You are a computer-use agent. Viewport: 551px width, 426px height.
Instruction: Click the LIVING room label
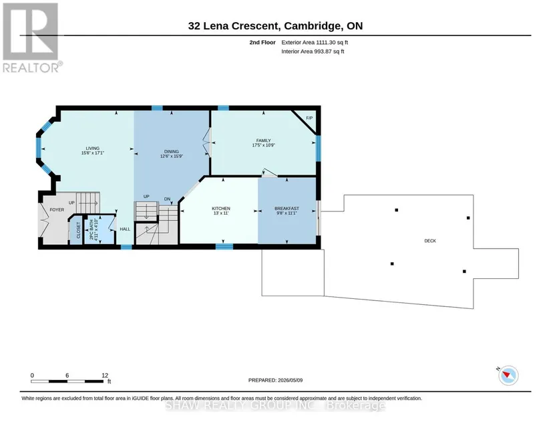tap(93, 148)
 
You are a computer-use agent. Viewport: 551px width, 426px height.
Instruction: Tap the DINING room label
tap(172, 152)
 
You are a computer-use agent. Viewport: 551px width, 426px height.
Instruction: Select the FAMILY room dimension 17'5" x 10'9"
tap(264, 145)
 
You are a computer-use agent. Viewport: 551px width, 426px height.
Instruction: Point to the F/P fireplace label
tap(309, 118)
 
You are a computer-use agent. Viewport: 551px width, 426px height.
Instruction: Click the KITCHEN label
tap(221, 209)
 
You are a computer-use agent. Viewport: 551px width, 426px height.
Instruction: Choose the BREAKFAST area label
tap(287, 209)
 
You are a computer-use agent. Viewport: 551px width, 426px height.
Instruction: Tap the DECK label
tap(430, 241)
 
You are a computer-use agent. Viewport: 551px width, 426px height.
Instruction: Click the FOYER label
tap(57, 210)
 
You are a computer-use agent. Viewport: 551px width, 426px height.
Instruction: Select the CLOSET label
tap(78, 231)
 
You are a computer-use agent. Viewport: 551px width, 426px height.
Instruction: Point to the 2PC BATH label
tap(91, 231)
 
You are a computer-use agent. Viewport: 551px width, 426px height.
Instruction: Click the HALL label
tap(125, 229)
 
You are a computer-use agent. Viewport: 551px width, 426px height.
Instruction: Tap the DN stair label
tap(167, 199)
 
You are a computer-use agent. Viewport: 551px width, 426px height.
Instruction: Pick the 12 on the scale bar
tap(105, 375)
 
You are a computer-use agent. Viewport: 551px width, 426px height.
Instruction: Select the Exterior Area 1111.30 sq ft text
tap(315, 42)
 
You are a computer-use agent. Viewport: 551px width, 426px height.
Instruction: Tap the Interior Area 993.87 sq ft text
tap(313, 51)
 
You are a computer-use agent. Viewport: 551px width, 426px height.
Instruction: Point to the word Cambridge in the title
tap(312, 26)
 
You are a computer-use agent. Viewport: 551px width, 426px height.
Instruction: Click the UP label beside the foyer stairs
tap(71, 203)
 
